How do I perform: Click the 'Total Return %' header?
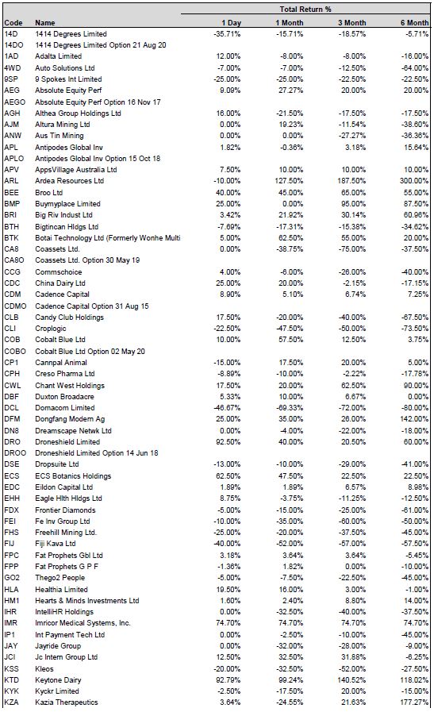click(x=305, y=9)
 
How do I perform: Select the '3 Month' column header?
click(x=351, y=23)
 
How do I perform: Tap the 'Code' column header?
click(x=13, y=23)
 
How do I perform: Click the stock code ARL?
click(x=11, y=181)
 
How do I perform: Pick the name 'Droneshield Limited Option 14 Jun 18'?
click(x=97, y=452)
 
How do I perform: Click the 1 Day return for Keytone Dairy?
click(x=228, y=679)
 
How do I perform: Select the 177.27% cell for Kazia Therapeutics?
click(x=414, y=702)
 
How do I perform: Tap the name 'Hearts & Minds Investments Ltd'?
click(x=87, y=600)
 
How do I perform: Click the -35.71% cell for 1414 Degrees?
click(x=227, y=33)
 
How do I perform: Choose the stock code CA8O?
click(x=14, y=260)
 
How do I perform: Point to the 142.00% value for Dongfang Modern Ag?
click(x=414, y=418)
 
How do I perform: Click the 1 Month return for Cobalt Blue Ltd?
click(x=290, y=339)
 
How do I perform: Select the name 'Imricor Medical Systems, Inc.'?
click(x=83, y=622)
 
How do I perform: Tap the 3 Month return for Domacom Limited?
click(x=351, y=408)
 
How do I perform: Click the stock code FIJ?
click(x=9, y=544)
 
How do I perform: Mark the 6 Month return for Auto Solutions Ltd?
click(x=415, y=67)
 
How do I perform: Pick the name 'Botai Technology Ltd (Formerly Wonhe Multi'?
click(x=108, y=237)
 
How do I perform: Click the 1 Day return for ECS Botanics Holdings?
click(x=228, y=476)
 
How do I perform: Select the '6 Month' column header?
click(x=414, y=23)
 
